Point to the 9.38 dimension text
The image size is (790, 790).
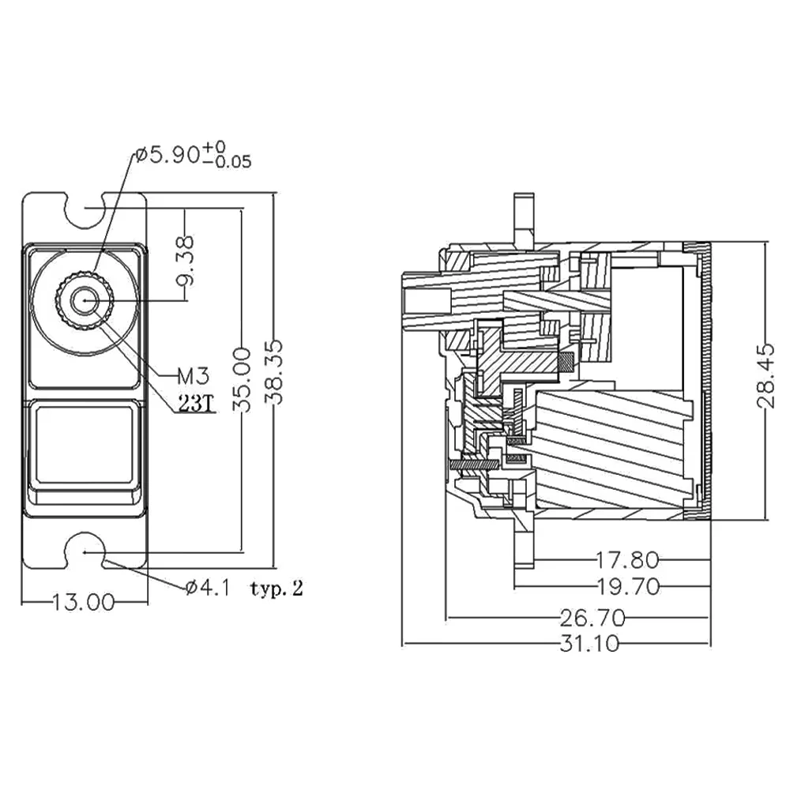coord(185,260)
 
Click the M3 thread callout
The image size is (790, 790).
coord(193,375)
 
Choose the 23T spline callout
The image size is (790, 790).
coord(195,403)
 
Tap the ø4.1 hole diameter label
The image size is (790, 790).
coord(208,588)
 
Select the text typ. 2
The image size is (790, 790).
coord(276,589)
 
